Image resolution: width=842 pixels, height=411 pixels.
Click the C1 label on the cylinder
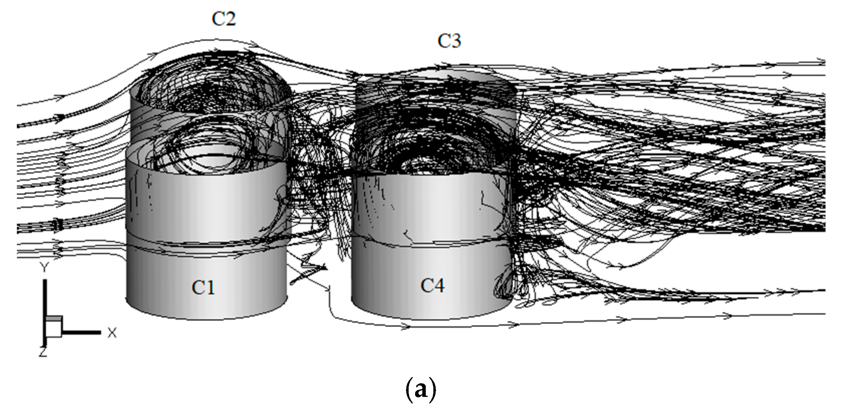click(x=203, y=287)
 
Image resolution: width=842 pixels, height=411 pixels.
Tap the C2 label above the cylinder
click(x=224, y=18)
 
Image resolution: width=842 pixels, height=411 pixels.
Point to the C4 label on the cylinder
click(x=432, y=286)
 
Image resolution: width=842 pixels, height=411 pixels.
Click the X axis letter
click(x=111, y=333)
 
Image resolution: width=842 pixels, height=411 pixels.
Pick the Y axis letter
click(x=45, y=268)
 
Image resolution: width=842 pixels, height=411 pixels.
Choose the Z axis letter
click(x=43, y=352)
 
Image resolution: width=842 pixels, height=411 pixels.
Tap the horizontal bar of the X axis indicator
click(x=81, y=333)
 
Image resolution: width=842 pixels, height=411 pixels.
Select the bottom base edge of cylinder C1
click(x=205, y=318)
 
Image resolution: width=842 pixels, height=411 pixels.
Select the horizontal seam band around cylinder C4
click(x=430, y=244)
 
